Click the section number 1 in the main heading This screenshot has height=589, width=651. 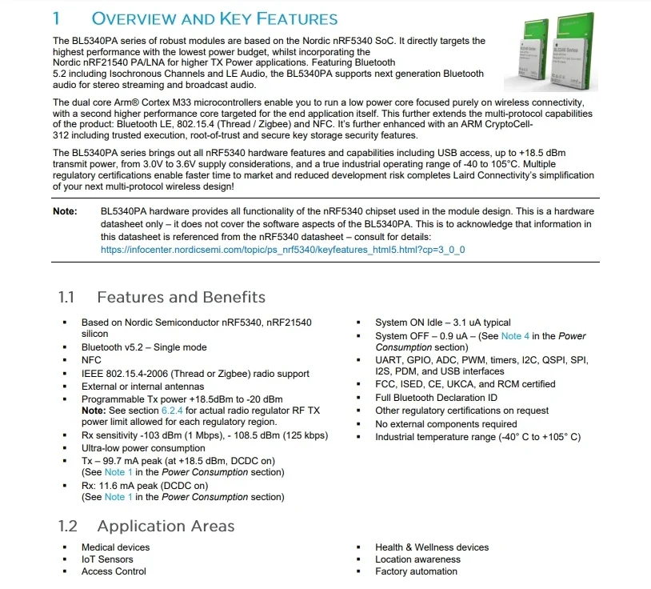pyautogui.click(x=57, y=18)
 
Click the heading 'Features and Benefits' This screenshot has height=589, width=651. pyautogui.click(x=181, y=298)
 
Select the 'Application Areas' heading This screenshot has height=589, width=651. pyautogui.click(x=166, y=526)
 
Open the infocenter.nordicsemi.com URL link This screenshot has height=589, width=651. pyautogui.click(x=282, y=250)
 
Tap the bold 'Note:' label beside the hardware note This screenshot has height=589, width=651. pyautogui.click(x=65, y=211)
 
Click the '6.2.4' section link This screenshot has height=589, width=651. pyautogui.click(x=173, y=411)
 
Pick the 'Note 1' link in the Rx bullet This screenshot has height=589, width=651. pyautogui.click(x=114, y=497)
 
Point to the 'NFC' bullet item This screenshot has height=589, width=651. pyautogui.click(x=92, y=360)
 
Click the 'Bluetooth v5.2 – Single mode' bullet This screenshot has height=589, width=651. pyautogui.click(x=144, y=347)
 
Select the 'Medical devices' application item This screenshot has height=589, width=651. pyautogui.click(x=115, y=547)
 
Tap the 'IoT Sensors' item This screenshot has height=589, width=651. pyautogui.click(x=107, y=559)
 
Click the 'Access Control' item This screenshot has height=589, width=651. pyautogui.click(x=114, y=571)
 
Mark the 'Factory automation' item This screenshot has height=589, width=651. pyautogui.click(x=416, y=571)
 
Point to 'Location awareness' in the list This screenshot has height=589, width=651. pyautogui.click(x=417, y=559)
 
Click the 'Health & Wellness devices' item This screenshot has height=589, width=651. pyautogui.click(x=432, y=547)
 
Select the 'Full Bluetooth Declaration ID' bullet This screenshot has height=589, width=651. pyautogui.click(x=436, y=398)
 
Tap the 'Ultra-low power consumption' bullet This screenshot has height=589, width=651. pyautogui.click(x=143, y=448)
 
